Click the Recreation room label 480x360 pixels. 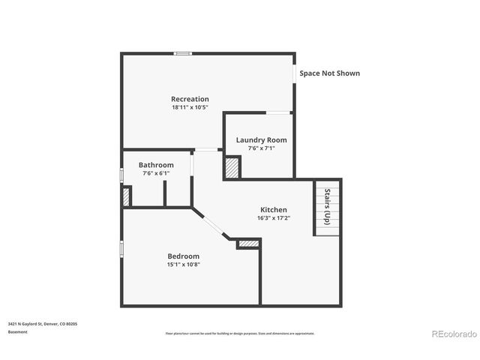point(190,99)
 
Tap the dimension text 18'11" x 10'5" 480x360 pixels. point(190,108)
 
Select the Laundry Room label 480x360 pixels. point(261,139)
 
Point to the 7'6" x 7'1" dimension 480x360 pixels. point(261,148)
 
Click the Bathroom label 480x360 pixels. point(156,165)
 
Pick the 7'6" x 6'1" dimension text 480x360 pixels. point(156,173)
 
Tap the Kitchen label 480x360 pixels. point(274,209)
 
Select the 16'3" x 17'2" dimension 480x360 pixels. point(274,218)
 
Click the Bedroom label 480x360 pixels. point(183,256)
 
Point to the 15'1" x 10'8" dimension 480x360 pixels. point(183,264)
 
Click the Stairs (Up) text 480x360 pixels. point(327,206)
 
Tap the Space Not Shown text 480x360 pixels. point(329,73)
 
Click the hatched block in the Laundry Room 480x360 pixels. point(232,167)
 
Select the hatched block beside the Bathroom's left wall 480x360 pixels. point(127,196)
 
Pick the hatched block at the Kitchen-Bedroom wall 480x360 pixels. point(248,244)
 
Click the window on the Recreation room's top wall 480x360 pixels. point(182,53)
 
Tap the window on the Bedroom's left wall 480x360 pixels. point(122,250)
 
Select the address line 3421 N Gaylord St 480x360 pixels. point(43,323)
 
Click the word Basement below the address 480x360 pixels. point(18,331)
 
